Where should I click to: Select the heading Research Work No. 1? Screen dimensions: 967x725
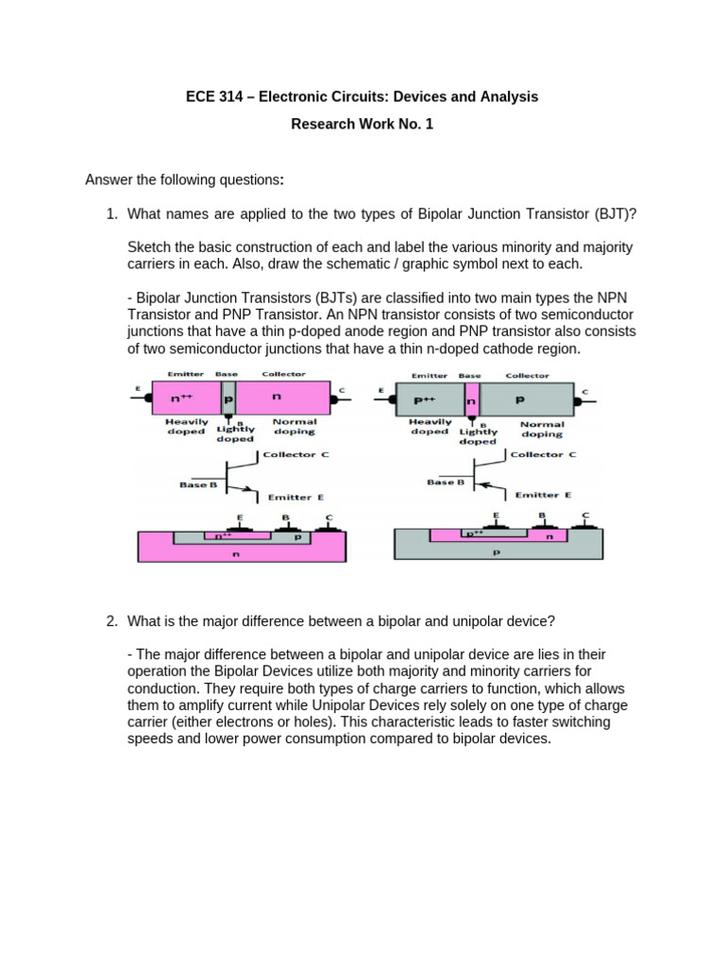[362, 125]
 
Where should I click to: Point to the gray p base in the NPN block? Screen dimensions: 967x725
[228, 399]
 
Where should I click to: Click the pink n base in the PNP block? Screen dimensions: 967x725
[472, 399]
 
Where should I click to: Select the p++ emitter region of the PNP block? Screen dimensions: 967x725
[427, 399]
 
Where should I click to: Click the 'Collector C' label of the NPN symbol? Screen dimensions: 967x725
[295, 454]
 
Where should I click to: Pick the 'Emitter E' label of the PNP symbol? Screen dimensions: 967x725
[542, 495]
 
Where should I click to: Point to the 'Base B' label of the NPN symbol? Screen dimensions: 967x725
[198, 485]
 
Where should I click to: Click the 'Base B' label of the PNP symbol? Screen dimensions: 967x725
[446, 482]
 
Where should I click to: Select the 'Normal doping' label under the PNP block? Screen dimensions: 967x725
[541, 430]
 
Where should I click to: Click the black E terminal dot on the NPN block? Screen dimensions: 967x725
[149, 399]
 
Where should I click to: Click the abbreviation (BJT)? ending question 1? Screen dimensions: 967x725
[615, 214]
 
